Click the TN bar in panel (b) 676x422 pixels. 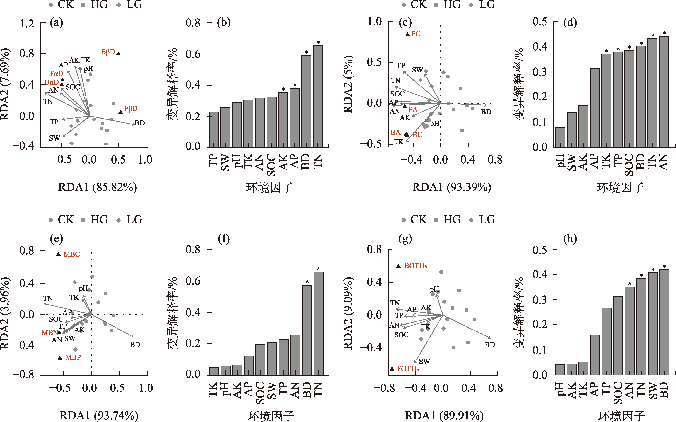[318, 96]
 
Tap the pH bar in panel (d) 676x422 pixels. [560, 137]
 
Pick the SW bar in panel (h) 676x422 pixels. [653, 324]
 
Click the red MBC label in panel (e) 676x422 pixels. [72, 254]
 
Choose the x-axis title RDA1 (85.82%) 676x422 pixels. [97, 187]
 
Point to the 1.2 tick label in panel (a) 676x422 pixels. [27, 24]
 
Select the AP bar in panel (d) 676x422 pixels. [595, 107]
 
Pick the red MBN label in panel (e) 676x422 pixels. [49, 333]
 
